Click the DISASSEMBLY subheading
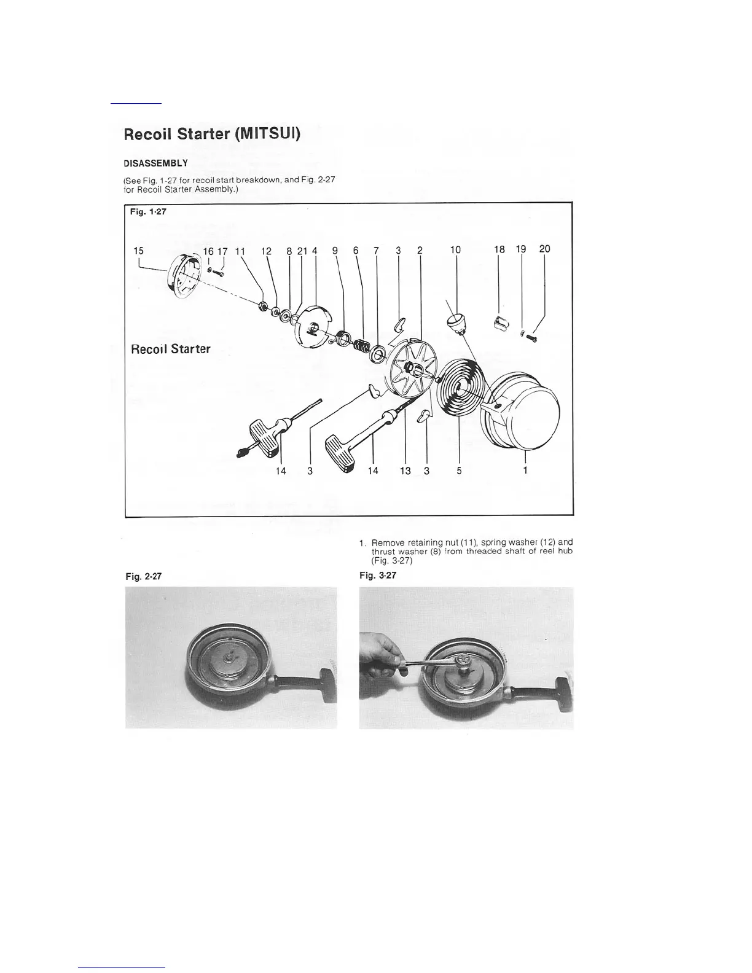click(155, 163)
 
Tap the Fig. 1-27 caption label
click(147, 212)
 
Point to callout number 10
click(455, 250)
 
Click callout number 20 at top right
click(544, 249)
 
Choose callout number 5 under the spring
click(459, 471)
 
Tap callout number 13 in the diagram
click(405, 471)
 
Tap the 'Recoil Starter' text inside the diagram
click(170, 349)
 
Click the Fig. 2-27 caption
click(143, 577)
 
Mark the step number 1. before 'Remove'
click(362, 543)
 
